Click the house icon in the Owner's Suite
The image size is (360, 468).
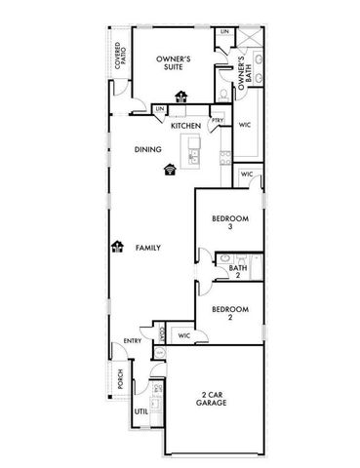(180, 96)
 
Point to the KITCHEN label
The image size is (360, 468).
(185, 127)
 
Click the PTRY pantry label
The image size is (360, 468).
(217, 120)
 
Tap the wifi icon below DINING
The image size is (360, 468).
(171, 169)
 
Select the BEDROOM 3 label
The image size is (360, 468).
(228, 223)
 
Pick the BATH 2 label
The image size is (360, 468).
(236, 271)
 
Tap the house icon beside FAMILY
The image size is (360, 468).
(117, 247)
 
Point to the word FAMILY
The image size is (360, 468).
(147, 248)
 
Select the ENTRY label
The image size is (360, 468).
(133, 340)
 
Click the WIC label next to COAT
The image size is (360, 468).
(183, 335)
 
